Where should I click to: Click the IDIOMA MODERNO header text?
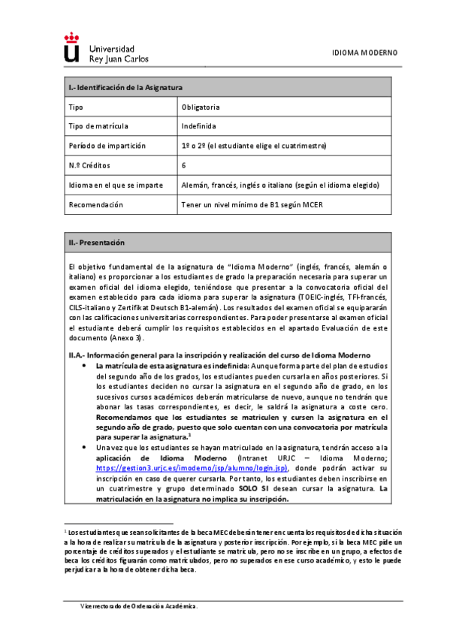(364, 53)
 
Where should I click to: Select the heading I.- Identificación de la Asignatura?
(125, 88)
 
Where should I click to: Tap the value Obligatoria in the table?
(201, 107)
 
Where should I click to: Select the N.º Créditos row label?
(90, 165)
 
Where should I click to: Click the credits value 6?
(184, 165)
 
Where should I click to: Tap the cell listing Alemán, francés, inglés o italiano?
(280, 185)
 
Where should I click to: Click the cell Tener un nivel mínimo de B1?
(250, 204)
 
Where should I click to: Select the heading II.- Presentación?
(96, 243)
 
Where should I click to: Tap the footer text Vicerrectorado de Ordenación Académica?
(140, 605)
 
